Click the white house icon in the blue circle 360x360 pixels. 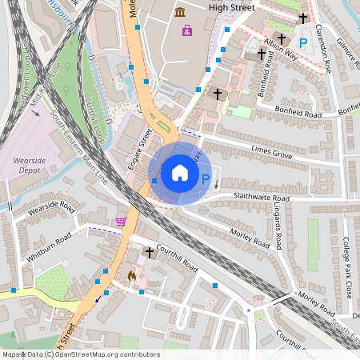[179, 173]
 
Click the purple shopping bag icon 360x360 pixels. [187, 30]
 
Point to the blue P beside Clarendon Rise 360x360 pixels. [302, 42]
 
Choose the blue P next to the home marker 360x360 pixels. [205, 180]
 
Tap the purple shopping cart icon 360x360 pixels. [121, 222]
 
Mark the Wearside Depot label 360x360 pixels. [33, 164]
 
